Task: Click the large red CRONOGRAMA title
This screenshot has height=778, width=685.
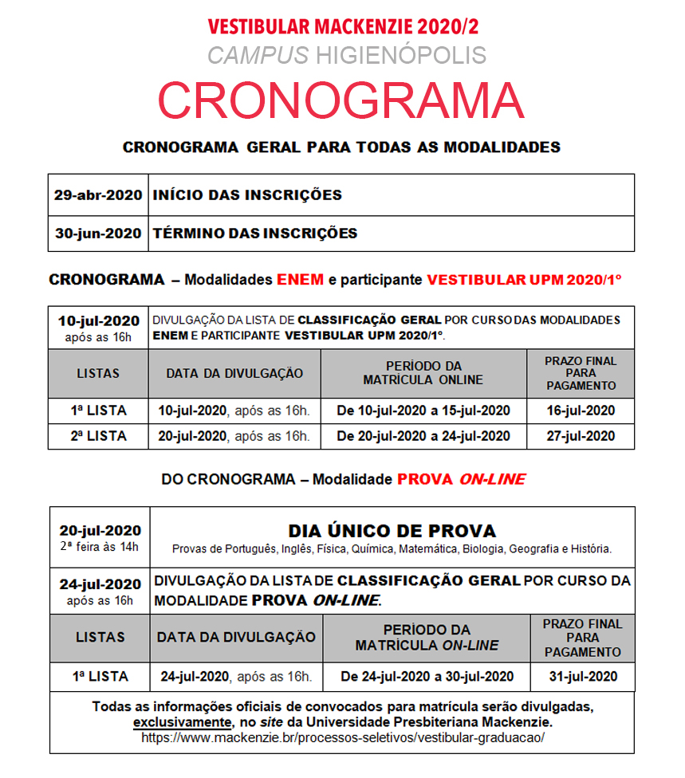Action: point(341,100)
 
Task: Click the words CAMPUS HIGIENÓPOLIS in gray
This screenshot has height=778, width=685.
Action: point(346,55)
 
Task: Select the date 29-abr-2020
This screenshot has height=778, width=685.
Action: point(98,194)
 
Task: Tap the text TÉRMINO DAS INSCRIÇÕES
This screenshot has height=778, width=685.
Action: point(255,234)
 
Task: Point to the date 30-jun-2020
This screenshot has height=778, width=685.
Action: point(98,234)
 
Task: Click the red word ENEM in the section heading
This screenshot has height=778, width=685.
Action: point(300,280)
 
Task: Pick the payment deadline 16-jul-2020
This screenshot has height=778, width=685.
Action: point(581,411)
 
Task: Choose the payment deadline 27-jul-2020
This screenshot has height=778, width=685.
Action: point(581,436)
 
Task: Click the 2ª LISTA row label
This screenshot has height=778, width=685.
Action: point(98,436)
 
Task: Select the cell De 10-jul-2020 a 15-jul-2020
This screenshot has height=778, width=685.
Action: point(423,411)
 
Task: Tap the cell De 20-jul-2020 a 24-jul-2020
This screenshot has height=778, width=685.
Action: point(423,436)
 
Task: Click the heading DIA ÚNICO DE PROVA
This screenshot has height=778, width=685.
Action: point(392,531)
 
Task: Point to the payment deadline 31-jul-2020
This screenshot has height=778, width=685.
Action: point(583,677)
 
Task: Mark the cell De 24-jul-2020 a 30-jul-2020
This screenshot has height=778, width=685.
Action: point(427,677)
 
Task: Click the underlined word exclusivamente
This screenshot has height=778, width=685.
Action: point(181,722)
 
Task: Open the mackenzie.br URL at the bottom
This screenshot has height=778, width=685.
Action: point(343,737)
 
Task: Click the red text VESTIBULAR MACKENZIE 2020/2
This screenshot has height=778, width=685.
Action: point(343,26)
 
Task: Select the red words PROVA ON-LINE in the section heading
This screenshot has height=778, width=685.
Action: point(461,479)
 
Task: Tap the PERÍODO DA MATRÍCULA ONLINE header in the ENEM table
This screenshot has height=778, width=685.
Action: point(423,373)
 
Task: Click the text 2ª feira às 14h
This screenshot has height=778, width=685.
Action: point(100,546)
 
